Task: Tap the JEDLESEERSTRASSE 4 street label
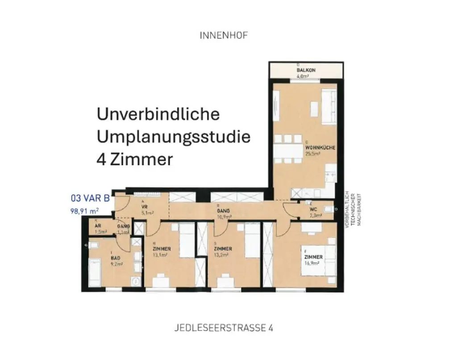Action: [224, 328]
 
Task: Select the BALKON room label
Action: [306, 70]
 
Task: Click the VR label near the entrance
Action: [144, 207]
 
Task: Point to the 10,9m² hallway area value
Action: [224, 217]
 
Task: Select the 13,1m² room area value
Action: [160, 255]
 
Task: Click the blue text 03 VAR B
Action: [90, 198]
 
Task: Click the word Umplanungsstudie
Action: [173, 136]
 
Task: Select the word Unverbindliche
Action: [158, 114]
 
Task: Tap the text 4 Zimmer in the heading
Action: [134, 159]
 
